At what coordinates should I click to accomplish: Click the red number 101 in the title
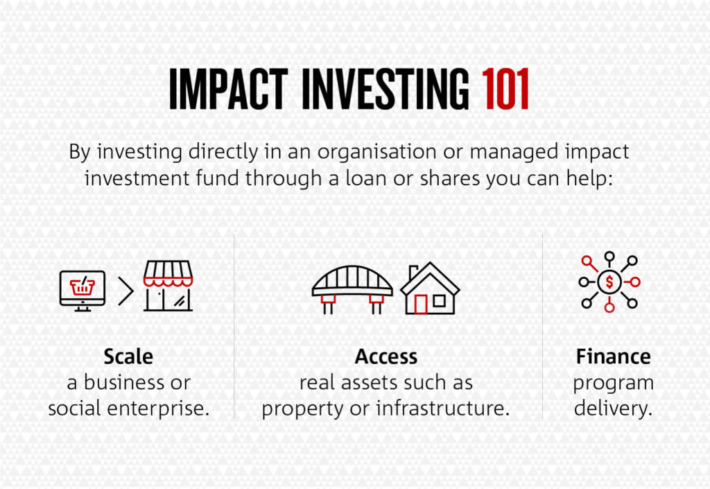[x=505, y=89]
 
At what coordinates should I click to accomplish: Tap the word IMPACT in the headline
[x=229, y=89]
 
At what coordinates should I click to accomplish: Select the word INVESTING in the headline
[x=386, y=89]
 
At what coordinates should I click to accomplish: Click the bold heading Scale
[x=128, y=357]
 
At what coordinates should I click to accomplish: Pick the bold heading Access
[x=386, y=357]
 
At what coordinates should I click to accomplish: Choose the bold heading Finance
[x=613, y=357]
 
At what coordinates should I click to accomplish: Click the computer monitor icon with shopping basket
[x=83, y=291]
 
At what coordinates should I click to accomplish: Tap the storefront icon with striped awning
[x=168, y=286]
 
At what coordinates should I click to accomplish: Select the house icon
[x=430, y=289]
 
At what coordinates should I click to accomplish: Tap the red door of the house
[x=421, y=304]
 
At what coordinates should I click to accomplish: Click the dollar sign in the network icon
[x=609, y=282]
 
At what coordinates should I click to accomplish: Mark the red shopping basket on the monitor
[x=83, y=286]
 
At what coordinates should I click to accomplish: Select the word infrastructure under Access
[x=443, y=408]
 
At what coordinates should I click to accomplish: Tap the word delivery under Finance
[x=613, y=408]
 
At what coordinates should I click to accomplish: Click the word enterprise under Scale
[x=158, y=409]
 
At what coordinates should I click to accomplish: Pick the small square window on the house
[x=439, y=300]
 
